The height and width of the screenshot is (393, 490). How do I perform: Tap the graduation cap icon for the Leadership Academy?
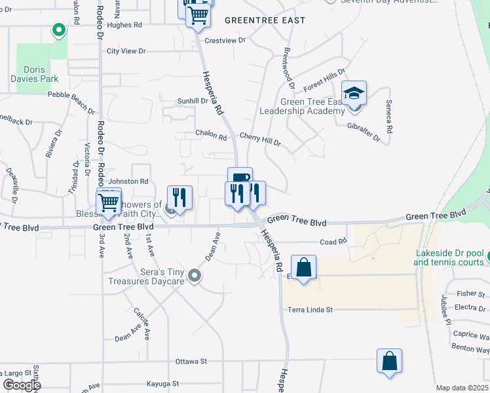pyautogui.click(x=354, y=94)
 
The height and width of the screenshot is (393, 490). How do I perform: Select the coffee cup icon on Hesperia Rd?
pyautogui.click(x=240, y=178)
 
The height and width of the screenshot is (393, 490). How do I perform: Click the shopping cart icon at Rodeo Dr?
pyautogui.click(x=108, y=201)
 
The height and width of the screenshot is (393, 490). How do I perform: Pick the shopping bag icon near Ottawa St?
pyautogui.click(x=389, y=361)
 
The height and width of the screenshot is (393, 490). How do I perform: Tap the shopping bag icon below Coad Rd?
pyautogui.click(x=303, y=267)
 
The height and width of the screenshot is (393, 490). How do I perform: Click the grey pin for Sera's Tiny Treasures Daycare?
pyautogui.click(x=194, y=276)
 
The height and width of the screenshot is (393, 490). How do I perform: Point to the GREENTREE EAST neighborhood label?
pyautogui.click(x=265, y=20)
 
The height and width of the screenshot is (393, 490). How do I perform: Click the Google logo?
pyautogui.click(x=22, y=385)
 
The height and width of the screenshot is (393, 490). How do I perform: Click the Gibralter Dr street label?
pyautogui.click(x=364, y=131)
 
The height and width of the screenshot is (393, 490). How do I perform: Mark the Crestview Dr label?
pyautogui.click(x=224, y=40)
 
